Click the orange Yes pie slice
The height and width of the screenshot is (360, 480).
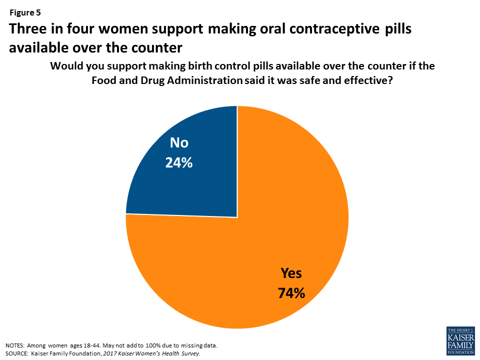pos(260,250)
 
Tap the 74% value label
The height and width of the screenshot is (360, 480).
pos(291,292)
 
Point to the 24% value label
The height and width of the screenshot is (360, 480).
pos(179,162)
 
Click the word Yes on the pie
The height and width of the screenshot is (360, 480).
pos(291,273)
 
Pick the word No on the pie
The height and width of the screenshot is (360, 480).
pos(179,143)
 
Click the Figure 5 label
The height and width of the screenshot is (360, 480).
pos(25,13)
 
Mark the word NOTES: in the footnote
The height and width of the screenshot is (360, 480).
pos(15,345)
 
